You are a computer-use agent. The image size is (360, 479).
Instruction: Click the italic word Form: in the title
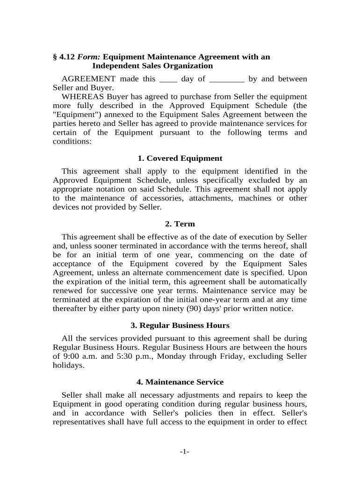point(89,57)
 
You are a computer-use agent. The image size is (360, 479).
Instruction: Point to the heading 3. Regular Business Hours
point(180,325)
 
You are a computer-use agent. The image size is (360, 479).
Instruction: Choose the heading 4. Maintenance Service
point(180,382)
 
